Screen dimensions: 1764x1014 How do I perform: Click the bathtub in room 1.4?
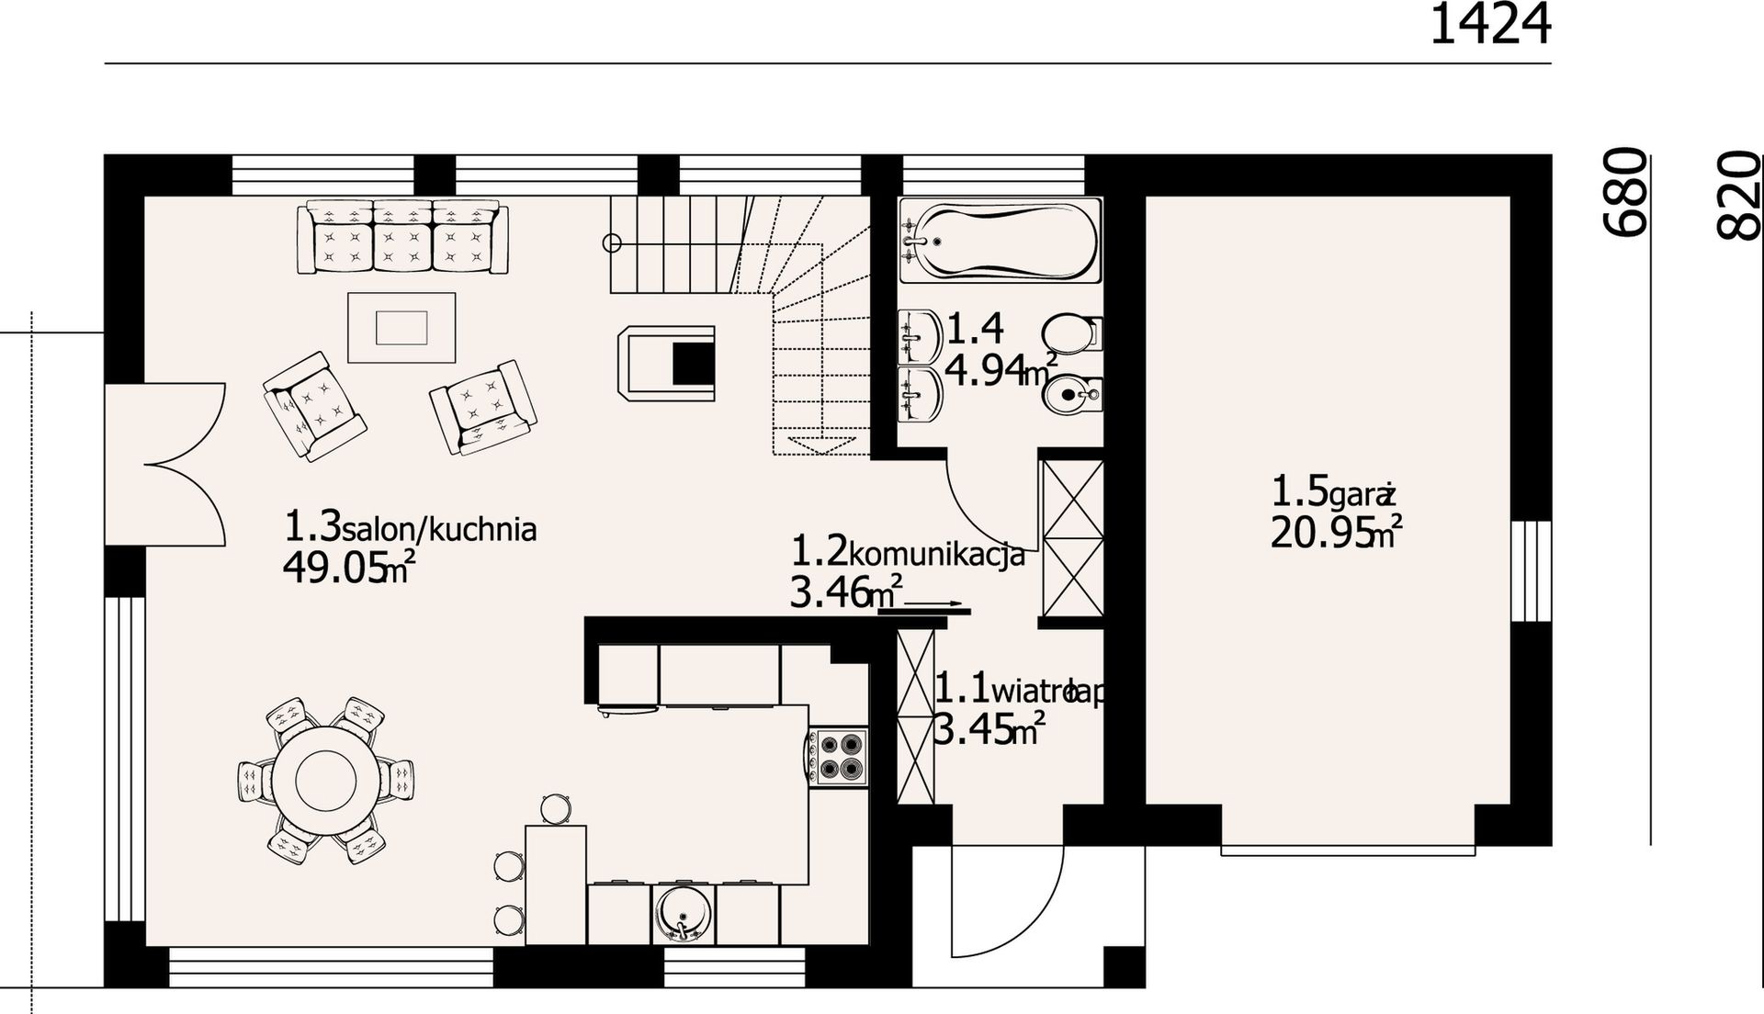(x=1000, y=241)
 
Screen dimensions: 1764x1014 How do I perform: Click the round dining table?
(x=325, y=780)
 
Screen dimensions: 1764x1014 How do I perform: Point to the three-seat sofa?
(x=402, y=237)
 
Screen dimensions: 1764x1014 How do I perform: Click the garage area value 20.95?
(x=1319, y=534)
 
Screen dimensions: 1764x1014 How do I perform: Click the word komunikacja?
(x=936, y=556)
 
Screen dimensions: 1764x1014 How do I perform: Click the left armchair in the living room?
(x=314, y=406)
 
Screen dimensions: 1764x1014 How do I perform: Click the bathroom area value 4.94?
(x=985, y=371)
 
